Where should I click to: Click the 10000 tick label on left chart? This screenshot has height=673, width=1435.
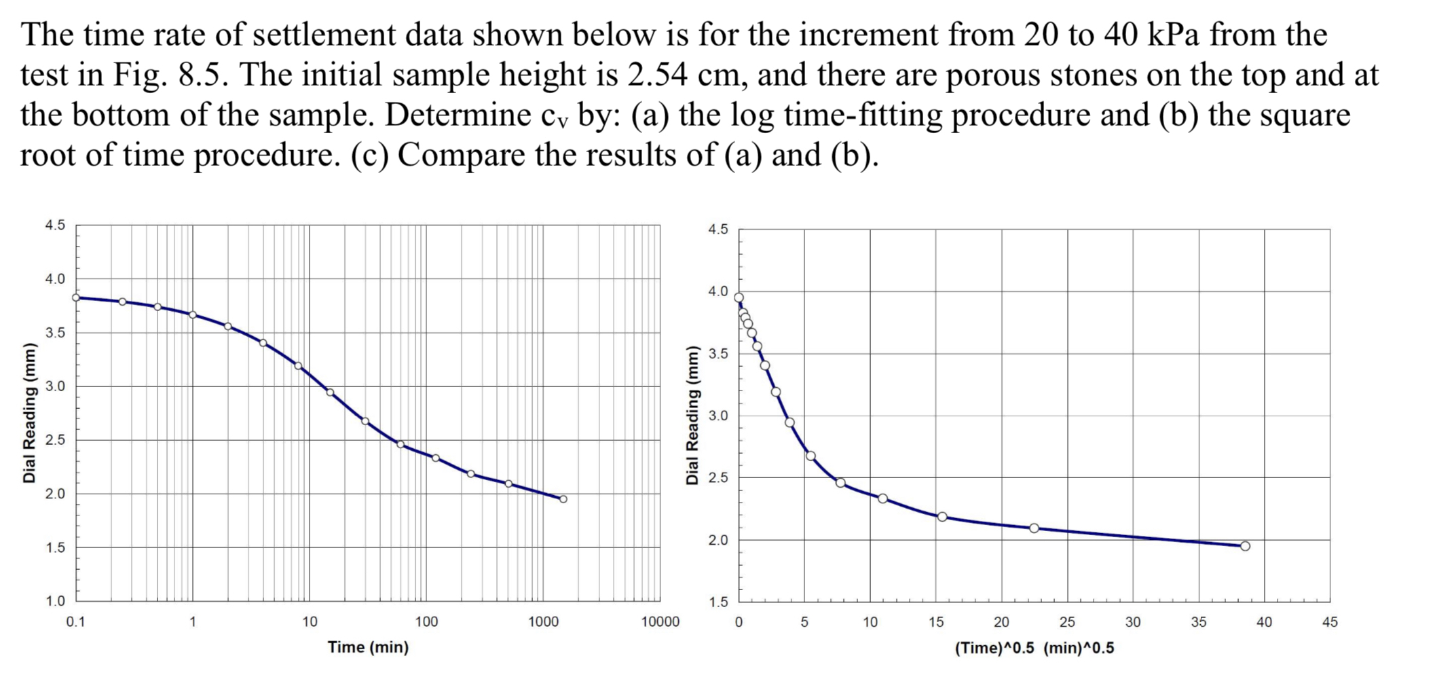(660, 621)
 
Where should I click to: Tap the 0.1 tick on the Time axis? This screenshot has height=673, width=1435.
(75, 621)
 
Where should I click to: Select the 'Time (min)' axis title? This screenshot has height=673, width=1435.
(368, 647)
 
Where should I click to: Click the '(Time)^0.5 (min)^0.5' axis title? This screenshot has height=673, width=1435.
(1034, 648)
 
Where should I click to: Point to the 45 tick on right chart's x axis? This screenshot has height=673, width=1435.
(1330, 621)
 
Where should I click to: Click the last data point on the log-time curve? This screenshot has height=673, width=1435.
(563, 499)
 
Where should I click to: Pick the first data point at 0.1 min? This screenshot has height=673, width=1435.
(76, 297)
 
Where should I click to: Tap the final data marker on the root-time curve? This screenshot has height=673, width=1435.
(1245, 546)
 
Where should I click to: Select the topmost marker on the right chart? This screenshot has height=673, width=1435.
(739, 297)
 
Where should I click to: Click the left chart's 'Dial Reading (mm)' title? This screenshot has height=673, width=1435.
(29, 414)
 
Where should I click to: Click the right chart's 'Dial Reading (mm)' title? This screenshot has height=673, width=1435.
(692, 416)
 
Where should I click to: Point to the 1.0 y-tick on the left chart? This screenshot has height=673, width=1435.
(55, 601)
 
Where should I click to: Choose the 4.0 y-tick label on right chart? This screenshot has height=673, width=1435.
(717, 292)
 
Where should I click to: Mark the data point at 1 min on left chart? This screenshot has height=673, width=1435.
(193, 315)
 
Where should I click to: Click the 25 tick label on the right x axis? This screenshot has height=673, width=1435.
(1067, 621)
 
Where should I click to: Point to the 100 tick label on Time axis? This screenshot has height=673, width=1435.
(426, 621)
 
